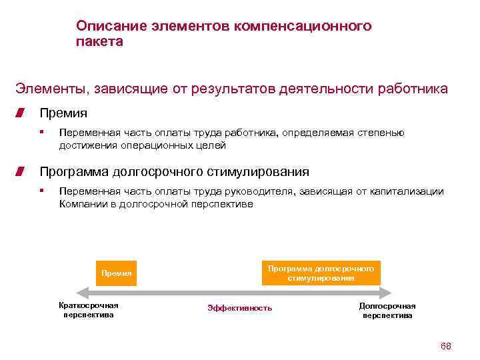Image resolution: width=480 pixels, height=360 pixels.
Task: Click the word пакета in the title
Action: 99,41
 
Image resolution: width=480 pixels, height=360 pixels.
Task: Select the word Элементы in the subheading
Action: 53,89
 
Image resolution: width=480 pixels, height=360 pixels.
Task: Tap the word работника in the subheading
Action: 413,89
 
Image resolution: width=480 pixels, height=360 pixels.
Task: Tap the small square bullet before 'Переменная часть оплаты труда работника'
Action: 41,132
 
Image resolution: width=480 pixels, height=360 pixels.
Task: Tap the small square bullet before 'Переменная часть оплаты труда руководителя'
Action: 41,191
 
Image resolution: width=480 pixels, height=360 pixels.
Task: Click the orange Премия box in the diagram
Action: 117,273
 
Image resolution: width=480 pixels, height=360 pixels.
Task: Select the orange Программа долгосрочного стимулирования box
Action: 321,273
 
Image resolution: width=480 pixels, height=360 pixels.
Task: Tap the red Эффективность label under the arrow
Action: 240,308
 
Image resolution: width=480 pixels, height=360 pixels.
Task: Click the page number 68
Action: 446,346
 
